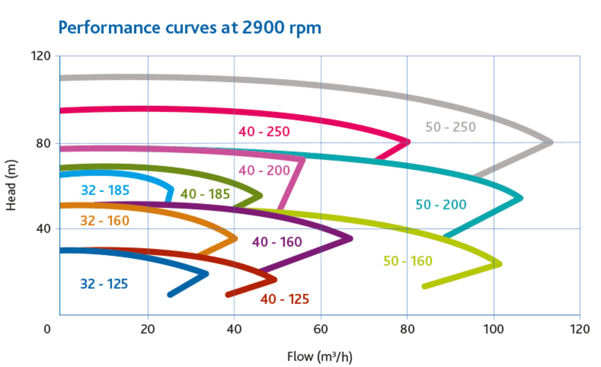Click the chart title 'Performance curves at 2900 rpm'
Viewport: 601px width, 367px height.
(x=190, y=28)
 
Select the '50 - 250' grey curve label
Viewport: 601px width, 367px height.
(x=450, y=127)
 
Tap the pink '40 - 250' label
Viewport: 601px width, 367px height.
(x=264, y=131)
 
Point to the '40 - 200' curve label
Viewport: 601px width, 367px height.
(x=264, y=170)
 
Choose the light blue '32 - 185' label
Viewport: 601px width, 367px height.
(x=105, y=190)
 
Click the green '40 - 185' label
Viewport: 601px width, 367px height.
(x=205, y=194)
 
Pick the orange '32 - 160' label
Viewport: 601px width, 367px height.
(x=105, y=221)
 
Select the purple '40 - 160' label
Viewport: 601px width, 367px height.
(x=277, y=242)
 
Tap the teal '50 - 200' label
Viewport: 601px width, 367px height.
(x=441, y=205)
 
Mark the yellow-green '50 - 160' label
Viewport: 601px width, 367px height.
(x=408, y=261)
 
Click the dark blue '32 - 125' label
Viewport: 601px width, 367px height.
(x=104, y=284)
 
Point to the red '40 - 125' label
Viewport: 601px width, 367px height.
(x=284, y=299)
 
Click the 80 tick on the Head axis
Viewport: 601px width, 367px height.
(x=43, y=143)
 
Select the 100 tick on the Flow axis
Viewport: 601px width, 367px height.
(x=493, y=329)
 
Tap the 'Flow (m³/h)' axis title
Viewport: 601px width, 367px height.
(x=319, y=357)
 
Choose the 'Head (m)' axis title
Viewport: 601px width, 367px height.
(x=11, y=185)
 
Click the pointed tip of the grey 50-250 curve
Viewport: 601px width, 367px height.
(x=552, y=142)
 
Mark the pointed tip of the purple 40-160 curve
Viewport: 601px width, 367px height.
(x=351, y=238)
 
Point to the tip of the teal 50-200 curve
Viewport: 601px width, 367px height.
(x=521, y=198)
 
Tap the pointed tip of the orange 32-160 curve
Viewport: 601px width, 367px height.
(x=236, y=239)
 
